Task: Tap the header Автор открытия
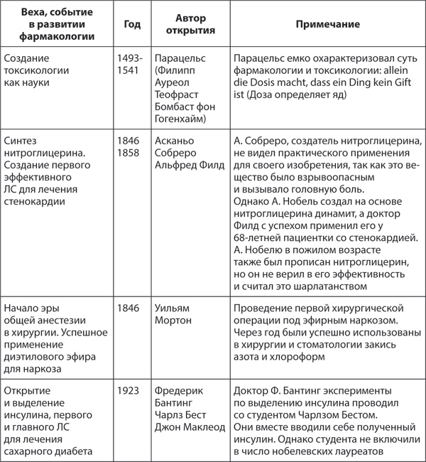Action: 186,25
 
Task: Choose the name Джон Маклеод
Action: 190,427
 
